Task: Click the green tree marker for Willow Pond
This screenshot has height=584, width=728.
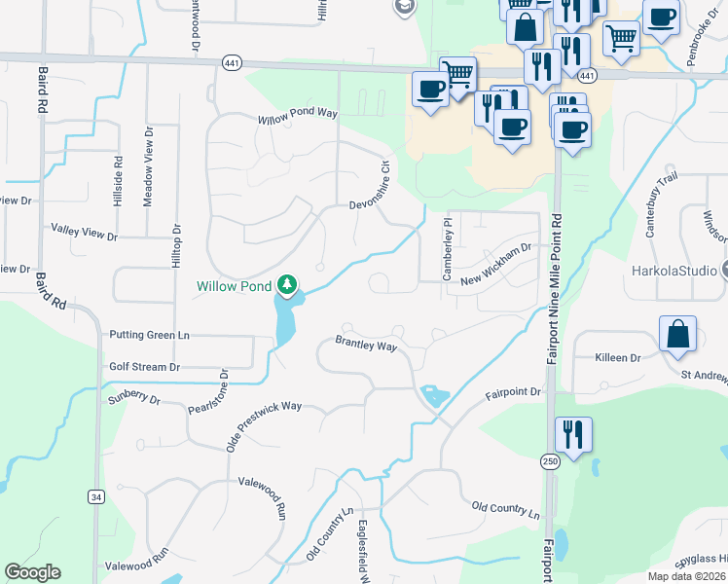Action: click(286, 285)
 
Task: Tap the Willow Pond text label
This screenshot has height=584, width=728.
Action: click(234, 286)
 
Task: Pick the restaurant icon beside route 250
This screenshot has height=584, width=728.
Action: click(571, 434)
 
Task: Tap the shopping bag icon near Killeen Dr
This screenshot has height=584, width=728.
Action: click(677, 334)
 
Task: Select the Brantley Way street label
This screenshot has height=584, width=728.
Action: click(366, 346)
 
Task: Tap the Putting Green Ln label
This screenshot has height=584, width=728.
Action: click(149, 335)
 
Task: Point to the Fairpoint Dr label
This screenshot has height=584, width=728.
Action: click(513, 392)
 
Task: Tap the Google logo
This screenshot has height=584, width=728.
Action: click(32, 572)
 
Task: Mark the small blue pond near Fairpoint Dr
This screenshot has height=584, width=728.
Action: click(434, 395)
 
